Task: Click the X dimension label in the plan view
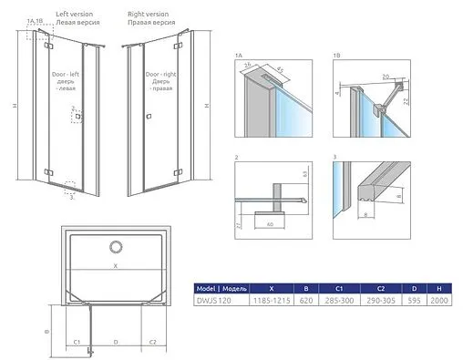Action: click(115, 267)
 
